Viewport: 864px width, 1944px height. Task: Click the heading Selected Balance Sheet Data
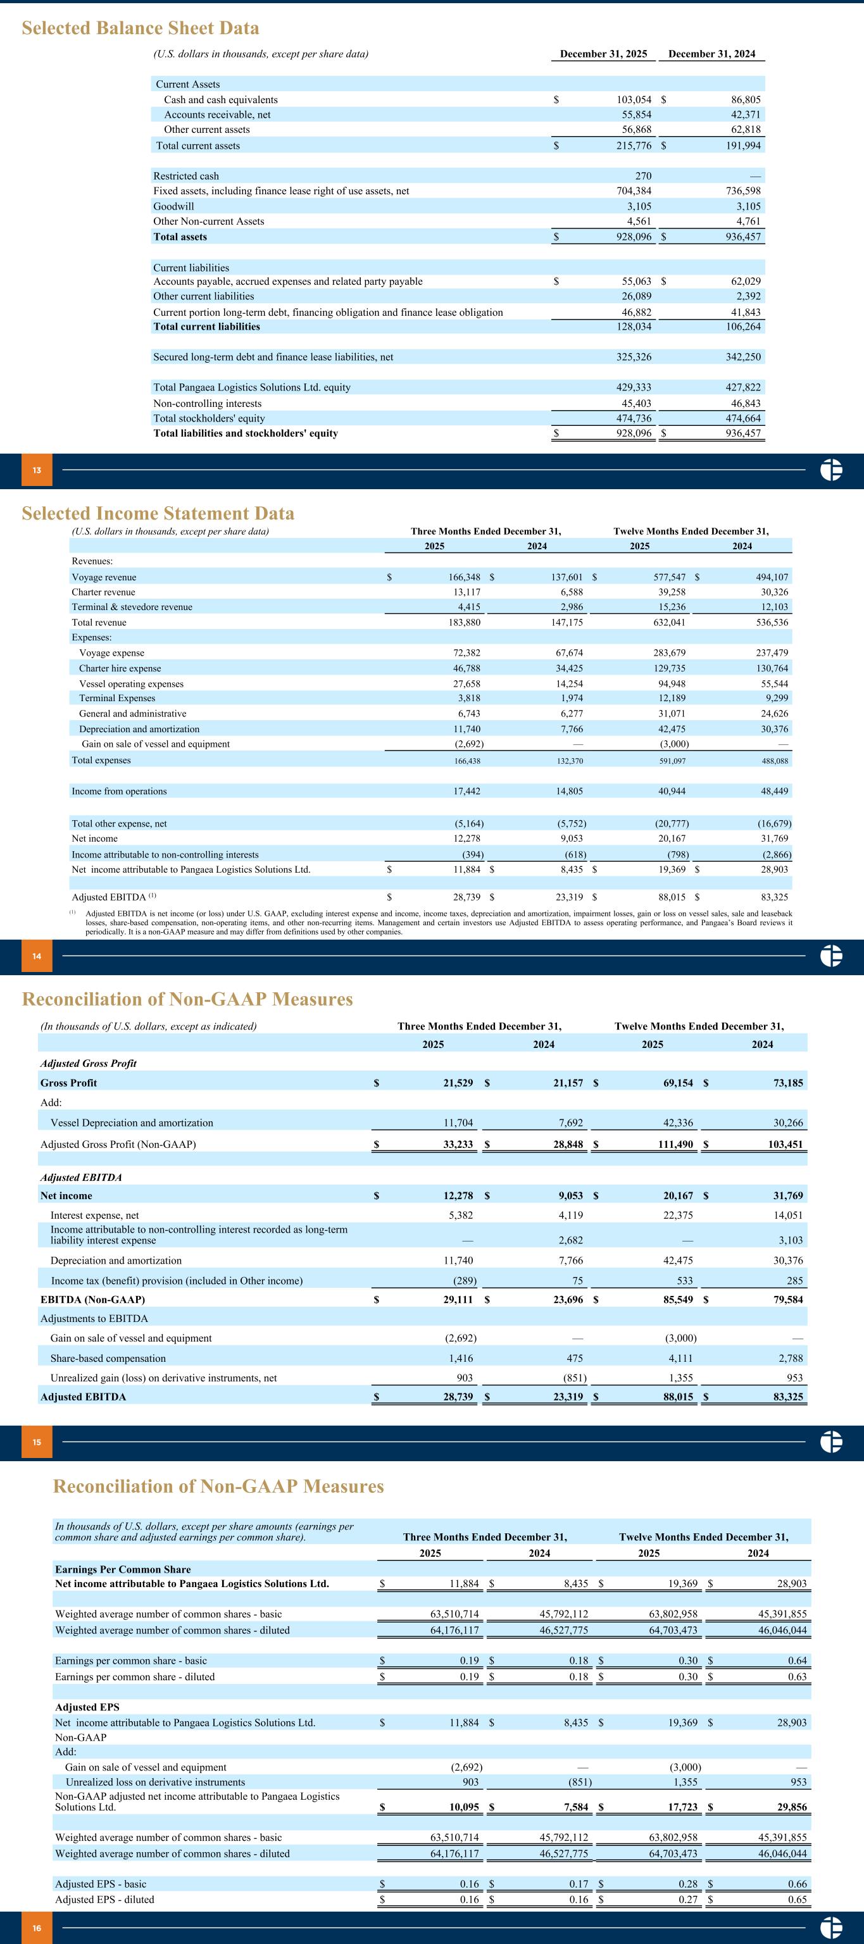point(141,28)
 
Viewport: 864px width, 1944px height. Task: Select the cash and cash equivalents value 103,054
point(633,99)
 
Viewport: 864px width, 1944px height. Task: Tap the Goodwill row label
point(173,206)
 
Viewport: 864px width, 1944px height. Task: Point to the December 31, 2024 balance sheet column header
point(711,54)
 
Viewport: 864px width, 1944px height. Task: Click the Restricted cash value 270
point(643,176)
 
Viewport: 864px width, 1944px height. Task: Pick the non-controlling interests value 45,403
point(636,403)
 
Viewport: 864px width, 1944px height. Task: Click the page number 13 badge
point(36,471)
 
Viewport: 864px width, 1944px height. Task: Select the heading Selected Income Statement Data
point(158,513)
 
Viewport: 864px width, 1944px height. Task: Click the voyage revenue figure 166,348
point(464,577)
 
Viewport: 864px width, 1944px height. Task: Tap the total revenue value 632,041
point(669,623)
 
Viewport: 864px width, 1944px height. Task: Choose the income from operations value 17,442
point(467,791)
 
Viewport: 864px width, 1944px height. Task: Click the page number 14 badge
point(36,956)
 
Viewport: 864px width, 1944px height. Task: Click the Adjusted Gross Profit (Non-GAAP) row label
point(118,1144)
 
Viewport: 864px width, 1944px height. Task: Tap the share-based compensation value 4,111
point(680,1359)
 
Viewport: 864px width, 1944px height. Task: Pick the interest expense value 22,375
point(676,1215)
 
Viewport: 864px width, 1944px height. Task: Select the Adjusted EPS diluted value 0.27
point(687,1900)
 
